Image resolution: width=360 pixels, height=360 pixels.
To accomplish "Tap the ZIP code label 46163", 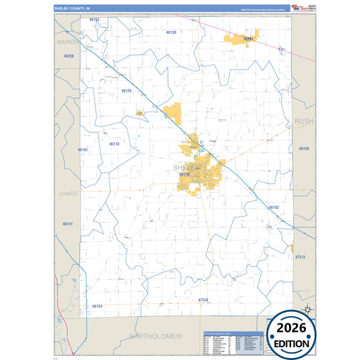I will point(94,20).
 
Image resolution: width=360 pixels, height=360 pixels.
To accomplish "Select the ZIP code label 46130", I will point(171,32).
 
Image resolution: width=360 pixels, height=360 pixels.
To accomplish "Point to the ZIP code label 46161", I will point(249,39).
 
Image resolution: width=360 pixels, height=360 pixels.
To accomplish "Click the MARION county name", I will point(68,41).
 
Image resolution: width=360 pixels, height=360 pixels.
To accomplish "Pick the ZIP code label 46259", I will point(68,56).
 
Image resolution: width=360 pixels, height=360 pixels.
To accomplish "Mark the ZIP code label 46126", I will point(126,90).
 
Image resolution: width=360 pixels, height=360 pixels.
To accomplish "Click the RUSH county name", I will point(304,121).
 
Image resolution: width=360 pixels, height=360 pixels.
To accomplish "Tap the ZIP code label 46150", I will point(303,147).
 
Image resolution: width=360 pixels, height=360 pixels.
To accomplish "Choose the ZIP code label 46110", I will point(114,143).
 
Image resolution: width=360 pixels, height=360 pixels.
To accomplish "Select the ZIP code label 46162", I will point(83,149).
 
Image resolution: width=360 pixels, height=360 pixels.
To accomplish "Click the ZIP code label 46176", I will point(184,174).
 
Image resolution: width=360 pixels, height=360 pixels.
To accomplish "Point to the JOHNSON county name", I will point(68,193).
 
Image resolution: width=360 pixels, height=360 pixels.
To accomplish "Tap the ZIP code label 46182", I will point(273,207).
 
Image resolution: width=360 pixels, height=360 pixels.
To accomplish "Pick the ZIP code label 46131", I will point(68,223).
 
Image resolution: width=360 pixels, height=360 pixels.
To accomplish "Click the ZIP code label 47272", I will point(300,257).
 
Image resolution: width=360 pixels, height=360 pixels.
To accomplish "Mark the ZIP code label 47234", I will point(203,299).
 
